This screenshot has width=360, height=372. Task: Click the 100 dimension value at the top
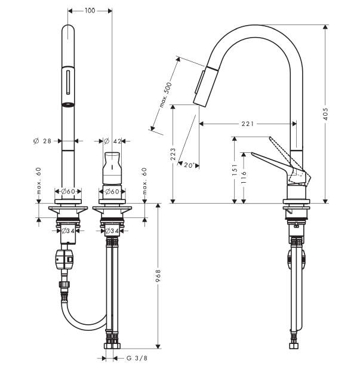click(x=90, y=11)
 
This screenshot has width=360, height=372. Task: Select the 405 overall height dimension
click(x=325, y=113)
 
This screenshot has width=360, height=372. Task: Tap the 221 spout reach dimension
click(x=248, y=124)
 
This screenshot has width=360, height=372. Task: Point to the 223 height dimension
click(x=173, y=153)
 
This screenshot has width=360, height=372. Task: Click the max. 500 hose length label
click(x=165, y=95)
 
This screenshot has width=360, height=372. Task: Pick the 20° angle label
click(x=189, y=165)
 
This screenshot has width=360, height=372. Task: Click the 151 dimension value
click(x=235, y=170)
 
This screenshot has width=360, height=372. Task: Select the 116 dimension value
click(x=244, y=177)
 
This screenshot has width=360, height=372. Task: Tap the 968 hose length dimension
click(x=158, y=275)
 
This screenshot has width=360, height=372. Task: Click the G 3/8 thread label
click(x=137, y=358)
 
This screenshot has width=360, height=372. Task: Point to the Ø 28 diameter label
click(x=42, y=141)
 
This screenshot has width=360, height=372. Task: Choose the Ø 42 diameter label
click(x=113, y=141)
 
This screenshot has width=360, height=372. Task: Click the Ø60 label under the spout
click(x=68, y=191)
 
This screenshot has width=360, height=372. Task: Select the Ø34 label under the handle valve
click(x=112, y=230)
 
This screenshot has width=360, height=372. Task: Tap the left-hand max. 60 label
click(x=39, y=181)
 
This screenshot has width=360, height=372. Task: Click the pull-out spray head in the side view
click(x=206, y=85)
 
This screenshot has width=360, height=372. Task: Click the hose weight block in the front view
click(x=64, y=259)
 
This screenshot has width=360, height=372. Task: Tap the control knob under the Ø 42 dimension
click(x=112, y=168)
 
